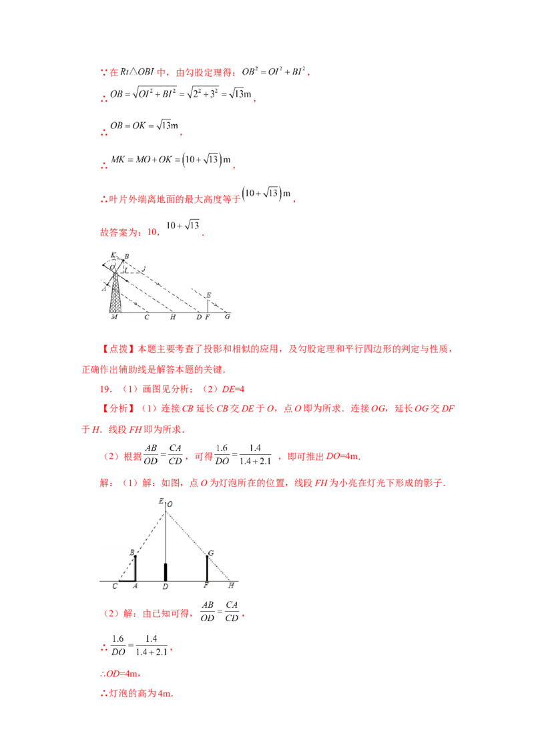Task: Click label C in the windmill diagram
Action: point(146,317)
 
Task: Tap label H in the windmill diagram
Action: point(172,317)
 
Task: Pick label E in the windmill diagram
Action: point(209,294)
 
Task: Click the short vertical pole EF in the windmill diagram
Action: point(208,305)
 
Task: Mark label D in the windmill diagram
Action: point(198,317)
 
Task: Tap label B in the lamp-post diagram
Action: point(131,552)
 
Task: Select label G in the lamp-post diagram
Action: point(211,553)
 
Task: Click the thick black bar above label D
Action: point(166,572)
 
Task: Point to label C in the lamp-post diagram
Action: point(115,586)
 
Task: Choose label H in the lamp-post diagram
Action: point(231,586)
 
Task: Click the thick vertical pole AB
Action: point(136,568)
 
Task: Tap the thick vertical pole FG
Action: point(207,568)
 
